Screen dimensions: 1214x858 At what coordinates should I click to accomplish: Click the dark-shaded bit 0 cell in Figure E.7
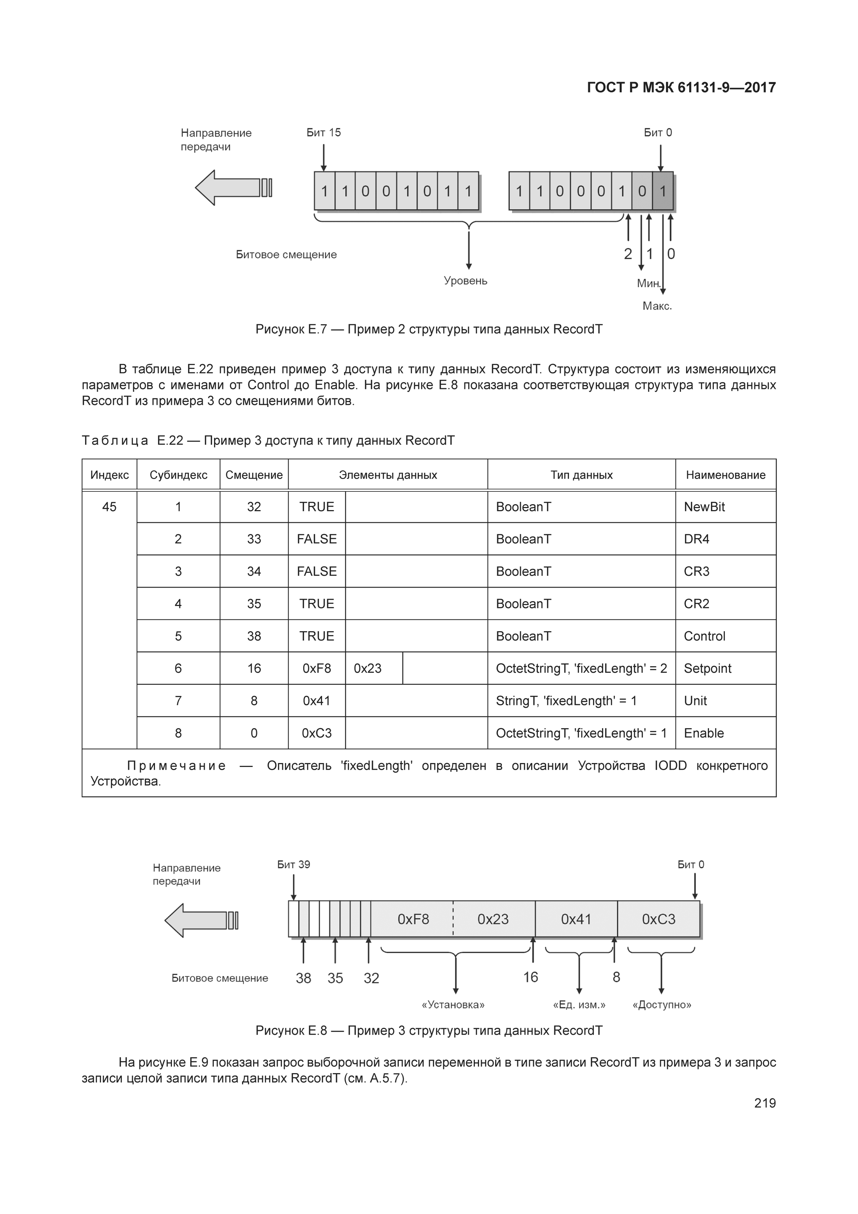[x=663, y=191]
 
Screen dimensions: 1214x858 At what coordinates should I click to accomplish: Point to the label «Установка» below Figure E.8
[x=453, y=1004]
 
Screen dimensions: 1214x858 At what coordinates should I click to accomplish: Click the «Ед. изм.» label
[x=579, y=1004]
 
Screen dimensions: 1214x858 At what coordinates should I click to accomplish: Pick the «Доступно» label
[x=662, y=1004]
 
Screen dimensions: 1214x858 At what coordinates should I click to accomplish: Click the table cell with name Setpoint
[x=708, y=668]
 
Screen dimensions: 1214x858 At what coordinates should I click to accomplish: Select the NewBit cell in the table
[x=704, y=507]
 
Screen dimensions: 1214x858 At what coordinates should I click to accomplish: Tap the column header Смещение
[x=254, y=475]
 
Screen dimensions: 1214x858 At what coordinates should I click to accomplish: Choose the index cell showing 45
[x=109, y=507]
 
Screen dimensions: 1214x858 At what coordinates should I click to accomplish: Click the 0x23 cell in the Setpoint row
[x=368, y=668]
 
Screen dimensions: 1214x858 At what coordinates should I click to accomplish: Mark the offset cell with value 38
[x=254, y=636]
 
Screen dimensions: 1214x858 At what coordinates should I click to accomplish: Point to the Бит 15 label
[x=323, y=133]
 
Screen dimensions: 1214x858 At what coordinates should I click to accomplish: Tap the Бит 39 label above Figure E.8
[x=293, y=864]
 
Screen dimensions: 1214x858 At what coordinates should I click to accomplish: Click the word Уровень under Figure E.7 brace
[x=465, y=281]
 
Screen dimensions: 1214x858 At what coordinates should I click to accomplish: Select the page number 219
[x=765, y=1103]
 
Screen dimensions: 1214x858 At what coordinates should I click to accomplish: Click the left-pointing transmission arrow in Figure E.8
[x=200, y=921]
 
